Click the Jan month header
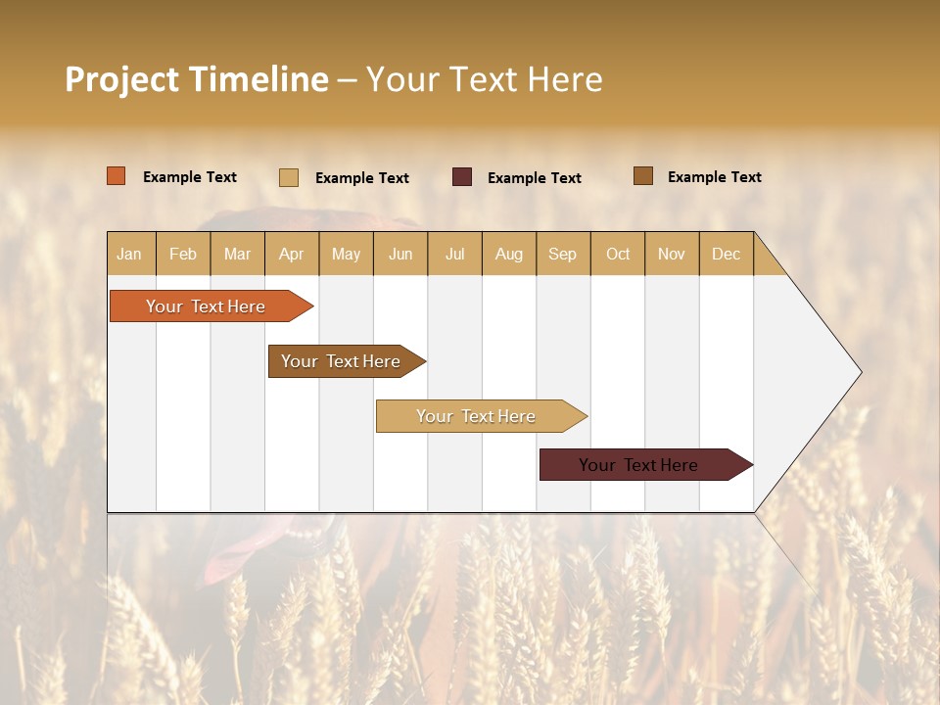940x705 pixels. (129, 254)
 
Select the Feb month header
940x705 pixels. (183, 254)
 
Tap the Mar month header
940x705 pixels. (237, 254)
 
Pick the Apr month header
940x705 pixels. (291, 254)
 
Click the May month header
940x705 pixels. (346, 254)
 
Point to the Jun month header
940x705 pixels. (400, 254)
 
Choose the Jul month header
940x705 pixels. (454, 254)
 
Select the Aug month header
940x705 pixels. (509, 254)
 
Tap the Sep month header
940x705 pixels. (562, 254)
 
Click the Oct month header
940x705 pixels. (618, 254)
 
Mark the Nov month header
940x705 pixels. (672, 254)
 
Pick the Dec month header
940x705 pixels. (726, 254)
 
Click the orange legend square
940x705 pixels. (117, 176)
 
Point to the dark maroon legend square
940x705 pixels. (462, 177)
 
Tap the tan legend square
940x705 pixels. (289, 177)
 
